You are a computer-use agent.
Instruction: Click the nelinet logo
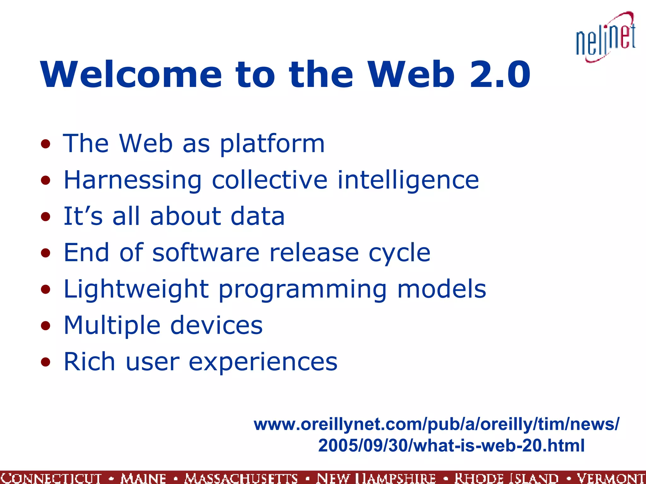[606, 38]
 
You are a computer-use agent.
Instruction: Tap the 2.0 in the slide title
[500, 75]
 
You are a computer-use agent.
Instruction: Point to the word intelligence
[408, 180]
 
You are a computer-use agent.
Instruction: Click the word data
[257, 216]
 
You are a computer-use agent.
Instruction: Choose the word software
[206, 253]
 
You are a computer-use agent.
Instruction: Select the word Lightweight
[136, 289]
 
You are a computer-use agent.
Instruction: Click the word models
[442, 289]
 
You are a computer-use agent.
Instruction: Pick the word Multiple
[112, 326]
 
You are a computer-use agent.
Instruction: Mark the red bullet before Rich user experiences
[46, 362]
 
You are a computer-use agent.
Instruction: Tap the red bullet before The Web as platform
[46, 144]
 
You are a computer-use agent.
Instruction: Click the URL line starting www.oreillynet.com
[437, 424]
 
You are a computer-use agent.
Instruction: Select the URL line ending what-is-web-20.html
[451, 446]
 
